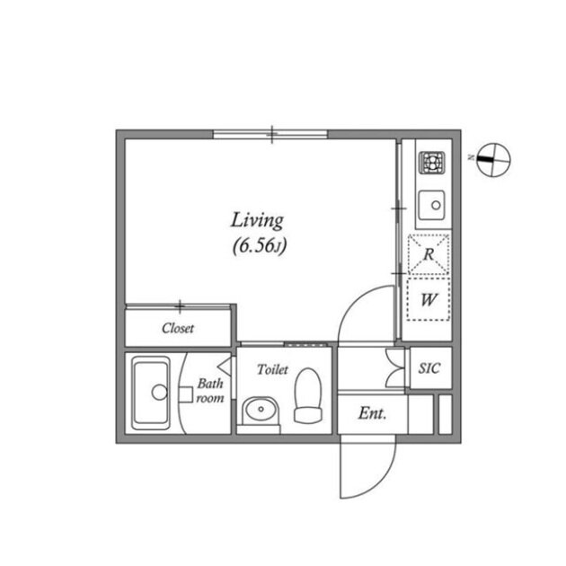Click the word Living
[257, 220]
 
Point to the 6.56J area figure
[260, 246]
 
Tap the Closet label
[178, 328]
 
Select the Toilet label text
[272, 369]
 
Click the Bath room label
[210, 391]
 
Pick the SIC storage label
[429, 367]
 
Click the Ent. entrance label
[372, 413]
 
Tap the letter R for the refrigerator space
[429, 254]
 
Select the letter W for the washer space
[429, 299]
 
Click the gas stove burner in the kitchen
[432, 162]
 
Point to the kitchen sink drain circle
[436, 205]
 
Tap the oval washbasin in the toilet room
[261, 410]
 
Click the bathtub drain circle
[159, 393]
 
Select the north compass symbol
[493, 160]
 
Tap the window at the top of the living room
[270, 134]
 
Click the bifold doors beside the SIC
[394, 367]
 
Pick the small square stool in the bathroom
[186, 394]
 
